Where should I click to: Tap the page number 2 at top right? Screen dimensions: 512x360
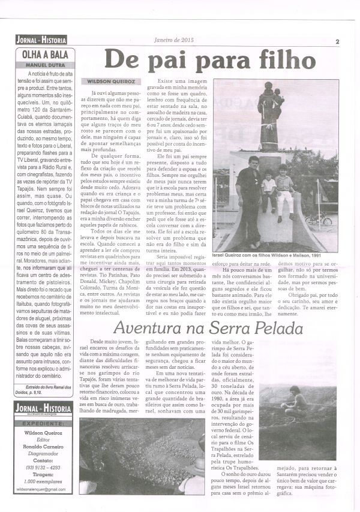338,41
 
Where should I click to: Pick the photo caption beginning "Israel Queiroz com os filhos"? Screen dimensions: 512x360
274,255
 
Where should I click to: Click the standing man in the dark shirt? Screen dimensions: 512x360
247,192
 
